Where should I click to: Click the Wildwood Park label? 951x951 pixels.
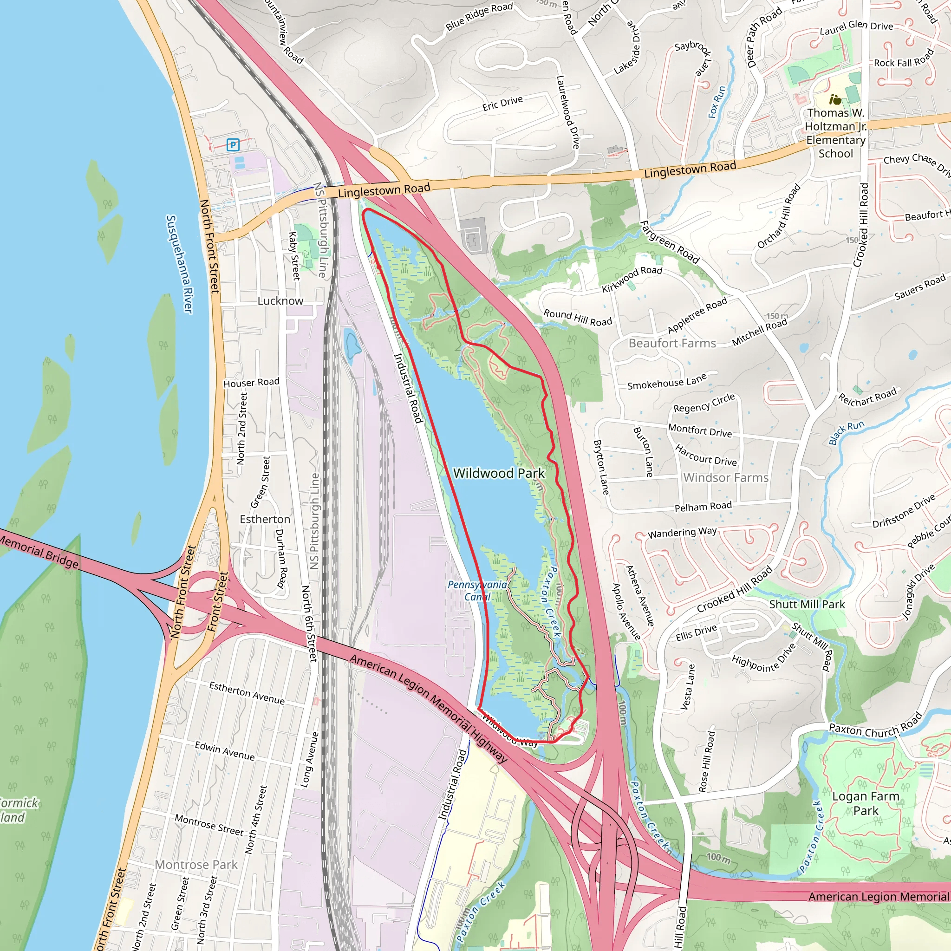[499, 473]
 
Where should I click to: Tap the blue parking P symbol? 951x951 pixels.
[233, 145]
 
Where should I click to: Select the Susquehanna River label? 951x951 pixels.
[179, 263]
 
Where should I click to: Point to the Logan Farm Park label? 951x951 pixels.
[866, 803]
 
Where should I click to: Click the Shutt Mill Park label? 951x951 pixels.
[807, 605]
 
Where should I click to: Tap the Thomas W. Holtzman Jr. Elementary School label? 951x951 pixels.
[835, 133]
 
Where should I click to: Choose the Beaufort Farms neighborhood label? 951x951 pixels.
[672, 343]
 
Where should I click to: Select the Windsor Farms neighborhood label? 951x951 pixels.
[726, 477]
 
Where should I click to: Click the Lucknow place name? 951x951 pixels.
[280, 301]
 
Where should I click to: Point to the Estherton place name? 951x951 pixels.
[265, 519]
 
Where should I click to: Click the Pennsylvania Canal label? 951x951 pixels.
[477, 591]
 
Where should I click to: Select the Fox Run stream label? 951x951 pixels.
[717, 102]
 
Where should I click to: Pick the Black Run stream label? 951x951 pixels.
[846, 433]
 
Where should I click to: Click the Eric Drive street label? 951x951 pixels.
[502, 104]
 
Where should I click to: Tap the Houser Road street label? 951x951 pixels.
[251, 383]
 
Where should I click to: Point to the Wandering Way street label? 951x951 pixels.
[682, 533]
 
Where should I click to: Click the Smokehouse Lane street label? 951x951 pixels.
[666, 382]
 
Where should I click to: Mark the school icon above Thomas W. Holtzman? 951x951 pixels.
[835, 100]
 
